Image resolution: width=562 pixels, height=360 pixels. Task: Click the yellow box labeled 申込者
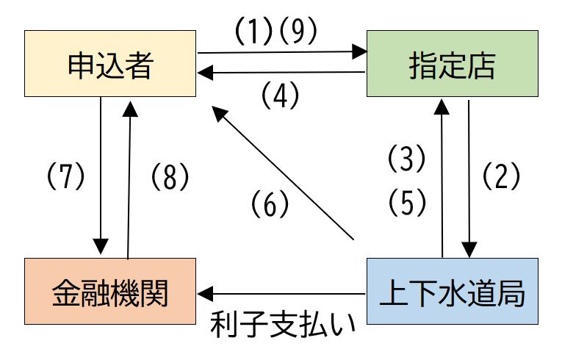109,64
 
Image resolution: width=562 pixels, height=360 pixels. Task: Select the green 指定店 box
452,64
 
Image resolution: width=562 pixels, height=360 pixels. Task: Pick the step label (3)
406,158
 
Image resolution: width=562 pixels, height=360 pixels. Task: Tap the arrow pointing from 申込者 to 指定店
282,52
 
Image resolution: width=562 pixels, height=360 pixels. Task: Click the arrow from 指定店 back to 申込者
282,72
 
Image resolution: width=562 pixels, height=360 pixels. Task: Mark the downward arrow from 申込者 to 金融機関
101,176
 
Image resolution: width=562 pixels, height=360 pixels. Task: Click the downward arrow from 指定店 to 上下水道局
469,176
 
